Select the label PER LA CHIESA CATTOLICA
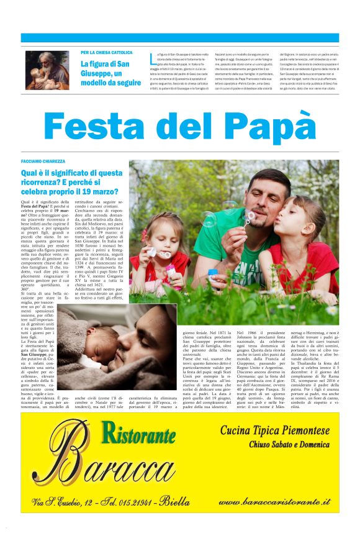(x=106, y=53)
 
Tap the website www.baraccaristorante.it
(x=274, y=501)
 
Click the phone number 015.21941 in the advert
(x=135, y=502)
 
